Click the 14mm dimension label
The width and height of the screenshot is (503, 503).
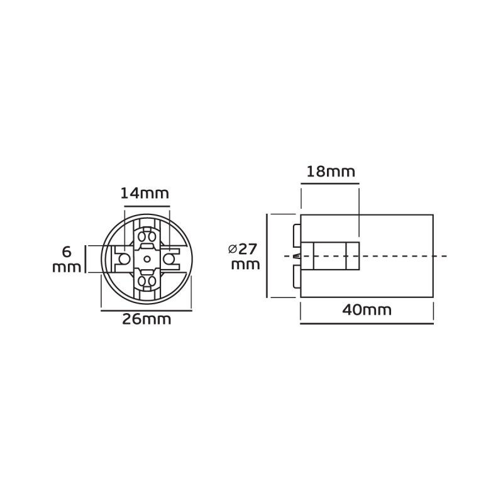[x=145, y=194]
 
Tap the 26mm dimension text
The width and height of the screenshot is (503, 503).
[x=146, y=319]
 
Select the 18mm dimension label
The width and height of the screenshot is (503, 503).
[x=331, y=172]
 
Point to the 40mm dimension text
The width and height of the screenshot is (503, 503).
[x=367, y=310]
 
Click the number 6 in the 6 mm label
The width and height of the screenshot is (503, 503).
[x=67, y=252]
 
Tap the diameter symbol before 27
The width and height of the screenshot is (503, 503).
[x=233, y=249]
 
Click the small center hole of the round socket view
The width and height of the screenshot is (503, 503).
[x=146, y=258]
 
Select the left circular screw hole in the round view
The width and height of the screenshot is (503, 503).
[x=123, y=258]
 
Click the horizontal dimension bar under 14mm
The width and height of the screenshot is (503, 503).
[x=146, y=206]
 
